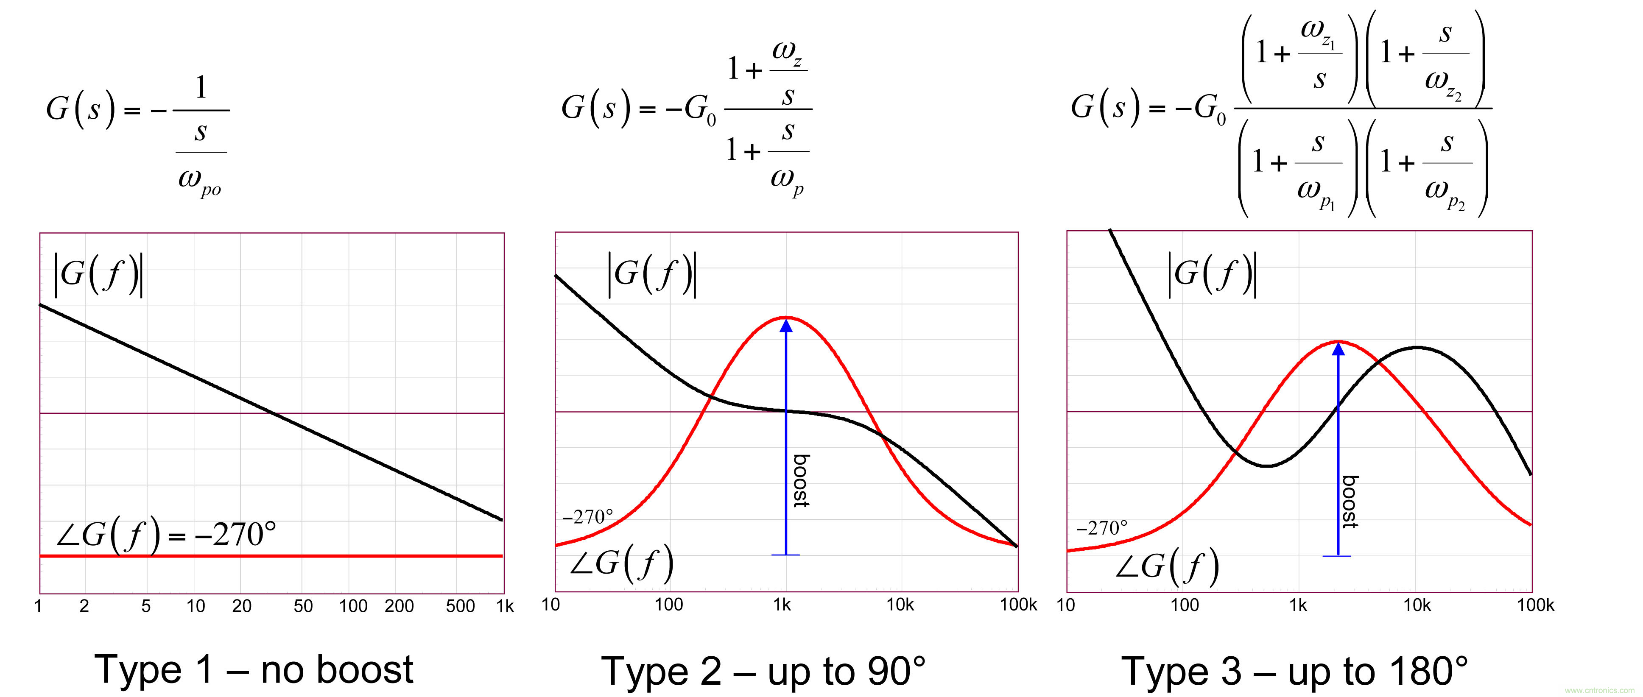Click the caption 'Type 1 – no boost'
coord(254,669)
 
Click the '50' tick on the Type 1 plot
coord(303,606)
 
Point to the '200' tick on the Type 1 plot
coord(399,606)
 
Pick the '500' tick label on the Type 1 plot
coord(460,606)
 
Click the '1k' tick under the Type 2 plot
coord(782,605)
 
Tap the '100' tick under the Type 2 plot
coord(668,605)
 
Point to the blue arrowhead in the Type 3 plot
coord(1338,349)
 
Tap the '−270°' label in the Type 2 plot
coord(587,516)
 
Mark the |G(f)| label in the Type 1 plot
coord(98,274)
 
